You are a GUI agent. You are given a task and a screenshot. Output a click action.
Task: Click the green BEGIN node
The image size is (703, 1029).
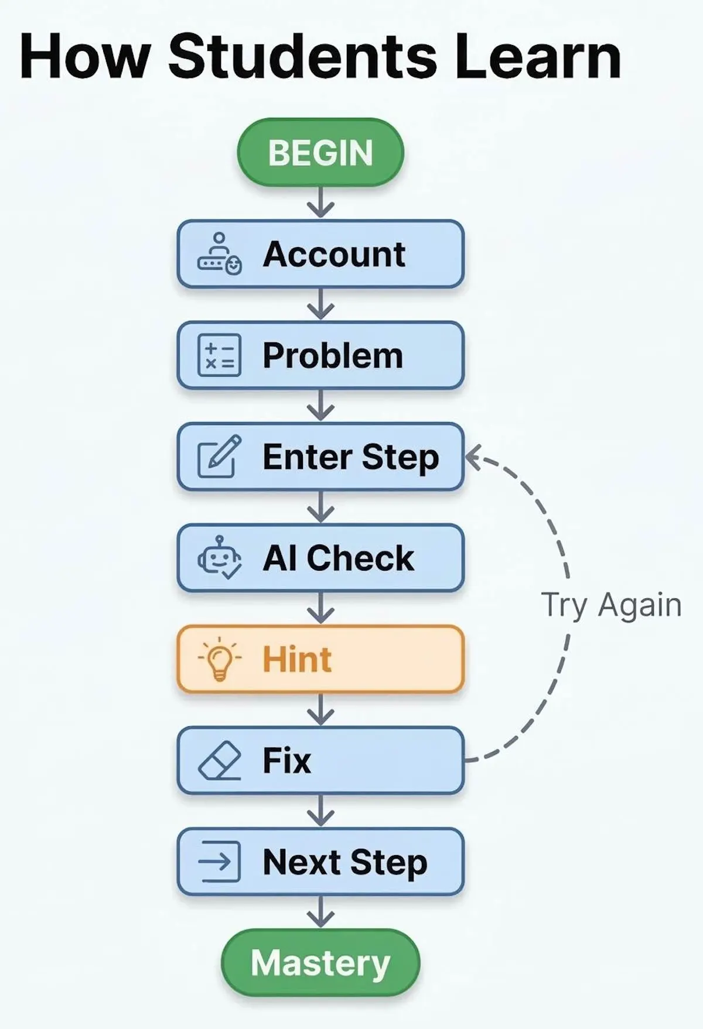(320, 152)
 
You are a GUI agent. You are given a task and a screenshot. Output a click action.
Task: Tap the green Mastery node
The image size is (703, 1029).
(320, 962)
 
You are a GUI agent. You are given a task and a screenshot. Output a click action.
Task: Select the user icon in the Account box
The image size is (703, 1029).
(219, 255)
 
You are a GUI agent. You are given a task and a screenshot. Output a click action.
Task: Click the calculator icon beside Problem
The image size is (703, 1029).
(219, 355)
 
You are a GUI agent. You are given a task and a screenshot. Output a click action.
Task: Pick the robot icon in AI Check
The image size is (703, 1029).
(219, 558)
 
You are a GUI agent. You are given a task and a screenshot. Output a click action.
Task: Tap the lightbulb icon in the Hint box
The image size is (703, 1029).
(219, 659)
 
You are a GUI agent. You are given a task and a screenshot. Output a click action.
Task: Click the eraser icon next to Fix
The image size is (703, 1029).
(219, 760)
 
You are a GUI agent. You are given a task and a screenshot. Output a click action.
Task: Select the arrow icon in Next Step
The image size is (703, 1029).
(219, 862)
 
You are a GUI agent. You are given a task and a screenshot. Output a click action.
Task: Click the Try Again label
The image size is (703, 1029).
(611, 605)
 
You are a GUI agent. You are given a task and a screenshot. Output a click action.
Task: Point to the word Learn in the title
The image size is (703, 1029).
(537, 57)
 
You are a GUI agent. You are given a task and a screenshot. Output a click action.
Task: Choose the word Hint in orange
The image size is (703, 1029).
(297, 659)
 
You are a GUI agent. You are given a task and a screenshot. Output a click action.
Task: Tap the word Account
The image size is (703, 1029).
(334, 255)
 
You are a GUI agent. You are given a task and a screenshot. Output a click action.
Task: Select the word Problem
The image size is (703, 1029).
(333, 355)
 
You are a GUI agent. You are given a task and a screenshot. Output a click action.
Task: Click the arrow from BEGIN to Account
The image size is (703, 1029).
(320, 203)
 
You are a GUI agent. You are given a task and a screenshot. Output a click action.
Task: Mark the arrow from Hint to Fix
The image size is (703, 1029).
(320, 709)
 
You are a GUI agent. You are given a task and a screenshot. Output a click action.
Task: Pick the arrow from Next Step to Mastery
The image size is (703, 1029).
(320, 911)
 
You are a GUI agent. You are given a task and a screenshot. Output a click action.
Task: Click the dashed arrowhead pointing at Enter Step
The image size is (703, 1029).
(473, 457)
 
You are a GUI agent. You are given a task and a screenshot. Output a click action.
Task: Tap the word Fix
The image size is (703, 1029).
(286, 760)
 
